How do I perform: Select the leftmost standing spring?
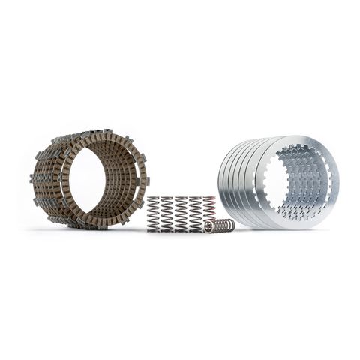click(154, 214)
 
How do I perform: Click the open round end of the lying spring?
click(229, 224)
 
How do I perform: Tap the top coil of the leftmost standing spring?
click(154, 199)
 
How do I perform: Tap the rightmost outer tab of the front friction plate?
click(147, 181)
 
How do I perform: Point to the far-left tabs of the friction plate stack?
click(33, 180)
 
